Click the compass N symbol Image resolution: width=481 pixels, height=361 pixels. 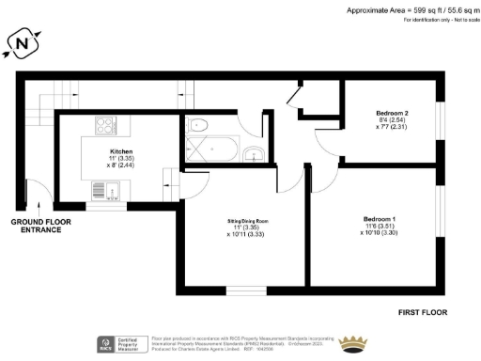point(22,43)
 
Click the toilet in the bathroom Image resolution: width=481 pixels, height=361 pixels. point(198,126)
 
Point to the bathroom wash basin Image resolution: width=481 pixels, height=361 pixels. point(252,154)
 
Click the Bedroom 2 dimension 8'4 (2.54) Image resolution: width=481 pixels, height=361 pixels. point(392,120)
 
